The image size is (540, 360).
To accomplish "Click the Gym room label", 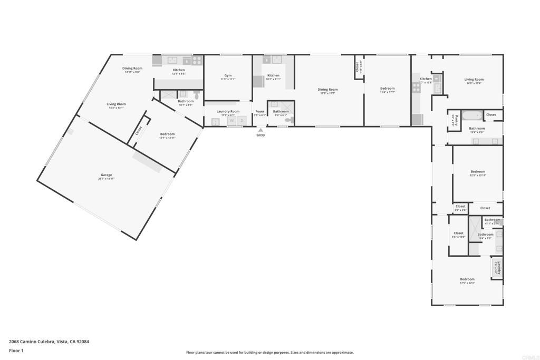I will [228, 75].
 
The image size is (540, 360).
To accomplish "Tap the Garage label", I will [107, 175].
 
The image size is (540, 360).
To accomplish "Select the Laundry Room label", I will [228, 111].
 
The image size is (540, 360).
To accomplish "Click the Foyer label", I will [260, 111].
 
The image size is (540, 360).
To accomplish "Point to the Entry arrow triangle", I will [261, 130].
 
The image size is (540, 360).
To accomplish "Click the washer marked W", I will [232, 121].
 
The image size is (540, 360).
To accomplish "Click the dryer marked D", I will [242, 121].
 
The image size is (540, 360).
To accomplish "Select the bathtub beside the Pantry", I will [470, 115].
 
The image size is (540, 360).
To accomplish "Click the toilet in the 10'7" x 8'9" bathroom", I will [196, 95].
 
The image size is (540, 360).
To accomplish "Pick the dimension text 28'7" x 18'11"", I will [107, 179].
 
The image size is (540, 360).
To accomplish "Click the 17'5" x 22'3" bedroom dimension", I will [467, 283].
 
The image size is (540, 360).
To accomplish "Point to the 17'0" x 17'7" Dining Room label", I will [327, 90].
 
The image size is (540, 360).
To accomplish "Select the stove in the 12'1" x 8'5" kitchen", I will [197, 61].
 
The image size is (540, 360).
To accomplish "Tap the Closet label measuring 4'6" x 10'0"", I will [459, 233].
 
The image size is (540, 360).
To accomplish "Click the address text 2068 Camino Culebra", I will [32, 342].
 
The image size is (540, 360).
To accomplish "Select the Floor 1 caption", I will [16, 350].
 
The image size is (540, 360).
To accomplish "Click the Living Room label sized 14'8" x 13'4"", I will [474, 80].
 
